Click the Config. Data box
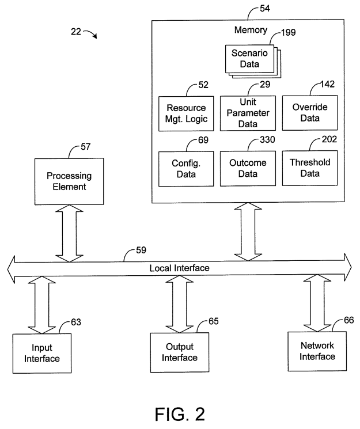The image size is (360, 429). [x=182, y=168]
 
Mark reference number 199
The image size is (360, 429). [x=288, y=32]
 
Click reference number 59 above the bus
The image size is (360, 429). [x=141, y=250]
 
